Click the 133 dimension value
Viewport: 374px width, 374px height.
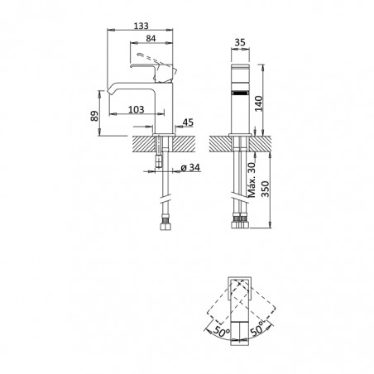[141, 26]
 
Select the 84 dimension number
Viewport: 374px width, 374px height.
[151, 39]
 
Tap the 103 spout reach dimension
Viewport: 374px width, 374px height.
[137, 109]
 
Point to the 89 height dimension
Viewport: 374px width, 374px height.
[94, 116]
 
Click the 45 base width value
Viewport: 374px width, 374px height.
[188, 122]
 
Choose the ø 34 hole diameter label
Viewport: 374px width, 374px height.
[190, 167]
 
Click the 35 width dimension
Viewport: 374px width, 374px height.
[240, 42]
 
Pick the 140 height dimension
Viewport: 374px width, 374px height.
[259, 103]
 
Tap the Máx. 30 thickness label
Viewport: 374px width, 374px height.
[252, 180]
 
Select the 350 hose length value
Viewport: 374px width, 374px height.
[265, 189]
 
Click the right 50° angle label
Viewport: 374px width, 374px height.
[257, 328]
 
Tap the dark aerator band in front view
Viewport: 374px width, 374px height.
[240, 93]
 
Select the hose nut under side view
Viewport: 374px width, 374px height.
[165, 224]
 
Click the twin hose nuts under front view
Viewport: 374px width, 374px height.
[240, 221]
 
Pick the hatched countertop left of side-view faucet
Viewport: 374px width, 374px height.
[144, 143]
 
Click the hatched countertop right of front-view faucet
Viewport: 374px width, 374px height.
[260, 144]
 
